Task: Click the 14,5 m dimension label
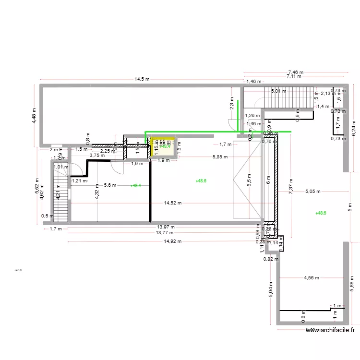click(142, 79)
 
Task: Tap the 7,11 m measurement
click(294, 76)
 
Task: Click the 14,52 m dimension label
click(173, 203)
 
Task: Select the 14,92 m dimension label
click(173, 241)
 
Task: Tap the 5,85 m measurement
click(220, 157)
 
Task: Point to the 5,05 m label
click(313, 192)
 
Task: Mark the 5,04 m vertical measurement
click(271, 290)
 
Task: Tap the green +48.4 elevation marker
click(136, 185)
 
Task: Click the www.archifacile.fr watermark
click(331, 330)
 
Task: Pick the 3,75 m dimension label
click(97, 156)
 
